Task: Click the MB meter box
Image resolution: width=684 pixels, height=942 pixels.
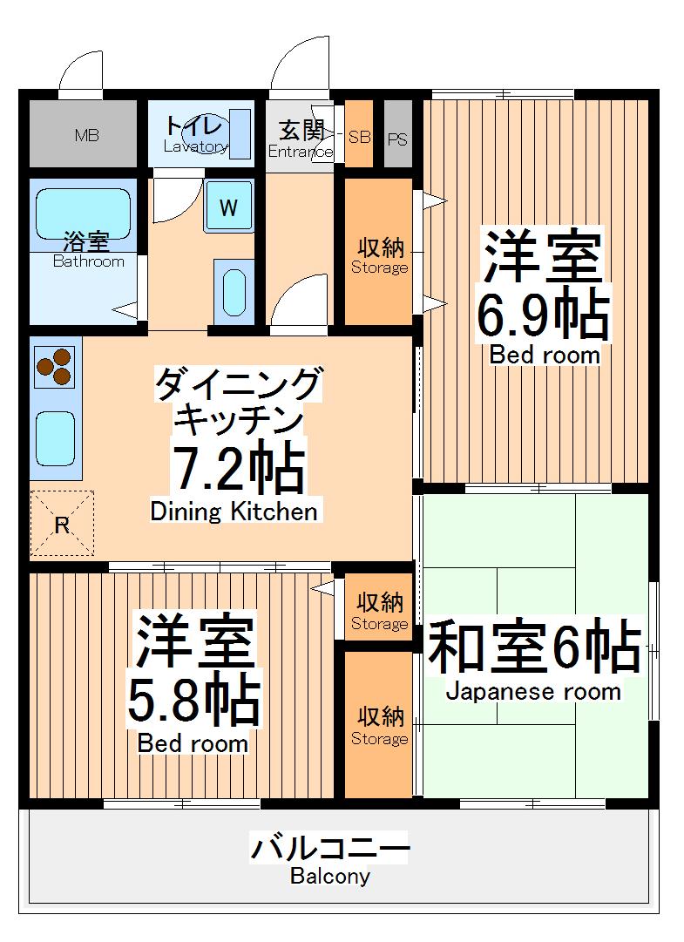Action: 85,135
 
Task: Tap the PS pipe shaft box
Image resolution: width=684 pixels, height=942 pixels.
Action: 397,138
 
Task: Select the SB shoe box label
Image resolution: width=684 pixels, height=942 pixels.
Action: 359,137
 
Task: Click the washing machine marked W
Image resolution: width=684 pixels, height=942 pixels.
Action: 228,207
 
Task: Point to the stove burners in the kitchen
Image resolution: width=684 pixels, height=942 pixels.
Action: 54,367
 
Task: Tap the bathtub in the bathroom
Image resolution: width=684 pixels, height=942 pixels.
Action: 84,214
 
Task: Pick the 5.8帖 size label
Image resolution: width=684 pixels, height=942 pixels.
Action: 193,701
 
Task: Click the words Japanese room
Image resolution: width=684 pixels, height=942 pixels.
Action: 533,692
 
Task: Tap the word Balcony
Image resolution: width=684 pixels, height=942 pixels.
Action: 330,877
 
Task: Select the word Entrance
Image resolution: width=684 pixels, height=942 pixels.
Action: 300,152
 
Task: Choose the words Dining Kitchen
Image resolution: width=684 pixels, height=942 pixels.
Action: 234,511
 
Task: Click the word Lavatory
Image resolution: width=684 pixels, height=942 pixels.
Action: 195,146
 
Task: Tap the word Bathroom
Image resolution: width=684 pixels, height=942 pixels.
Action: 88,261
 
